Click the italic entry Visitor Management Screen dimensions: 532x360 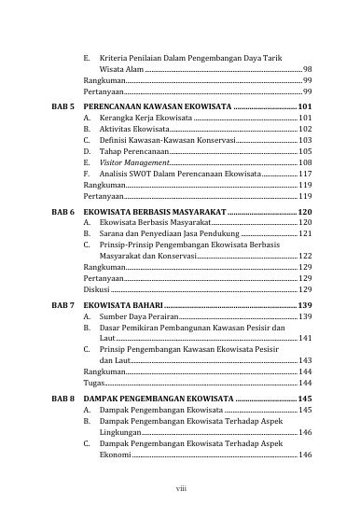[129, 161]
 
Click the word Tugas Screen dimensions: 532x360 [93, 384]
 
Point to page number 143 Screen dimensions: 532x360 [305, 357]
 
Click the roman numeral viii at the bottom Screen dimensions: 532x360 [180, 486]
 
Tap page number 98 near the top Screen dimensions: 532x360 [307, 70]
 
